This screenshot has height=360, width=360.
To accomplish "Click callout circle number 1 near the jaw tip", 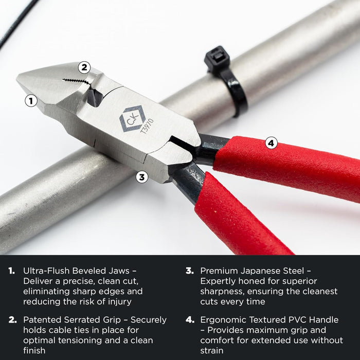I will point(31,101).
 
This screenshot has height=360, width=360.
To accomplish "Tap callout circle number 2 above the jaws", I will point(85,67).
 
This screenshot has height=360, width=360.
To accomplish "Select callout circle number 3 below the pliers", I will point(142,177).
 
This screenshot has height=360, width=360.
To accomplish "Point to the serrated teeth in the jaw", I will point(75,81).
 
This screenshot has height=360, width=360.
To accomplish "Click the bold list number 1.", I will point(12,271).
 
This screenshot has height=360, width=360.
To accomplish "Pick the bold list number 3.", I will point(189,271).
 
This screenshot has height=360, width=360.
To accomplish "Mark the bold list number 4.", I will point(189,320).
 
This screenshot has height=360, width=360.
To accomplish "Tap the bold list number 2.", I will point(12,320).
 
